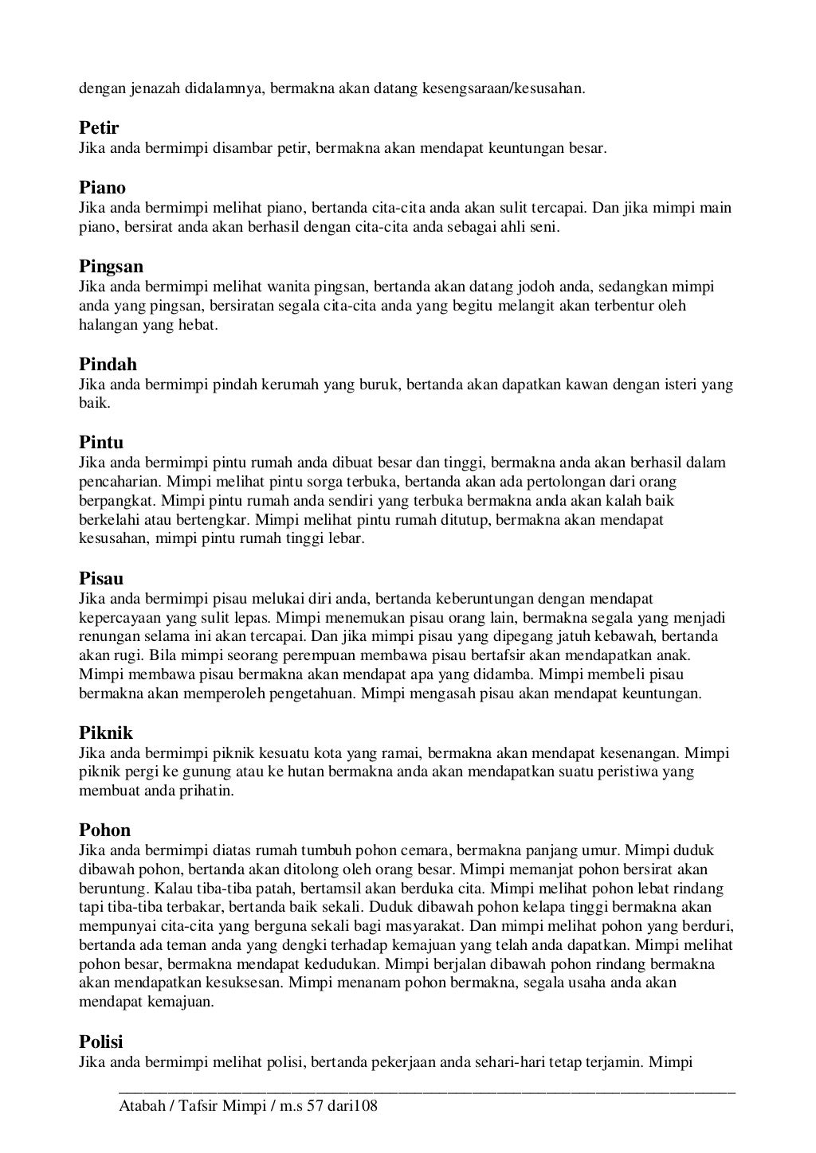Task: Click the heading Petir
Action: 99,128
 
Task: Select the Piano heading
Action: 102,189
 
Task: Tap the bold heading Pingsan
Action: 111,266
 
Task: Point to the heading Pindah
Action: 108,365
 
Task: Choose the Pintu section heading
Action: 101,442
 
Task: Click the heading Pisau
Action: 101,578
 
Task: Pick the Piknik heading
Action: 106,733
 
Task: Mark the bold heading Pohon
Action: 104,831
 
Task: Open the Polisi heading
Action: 101,1042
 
